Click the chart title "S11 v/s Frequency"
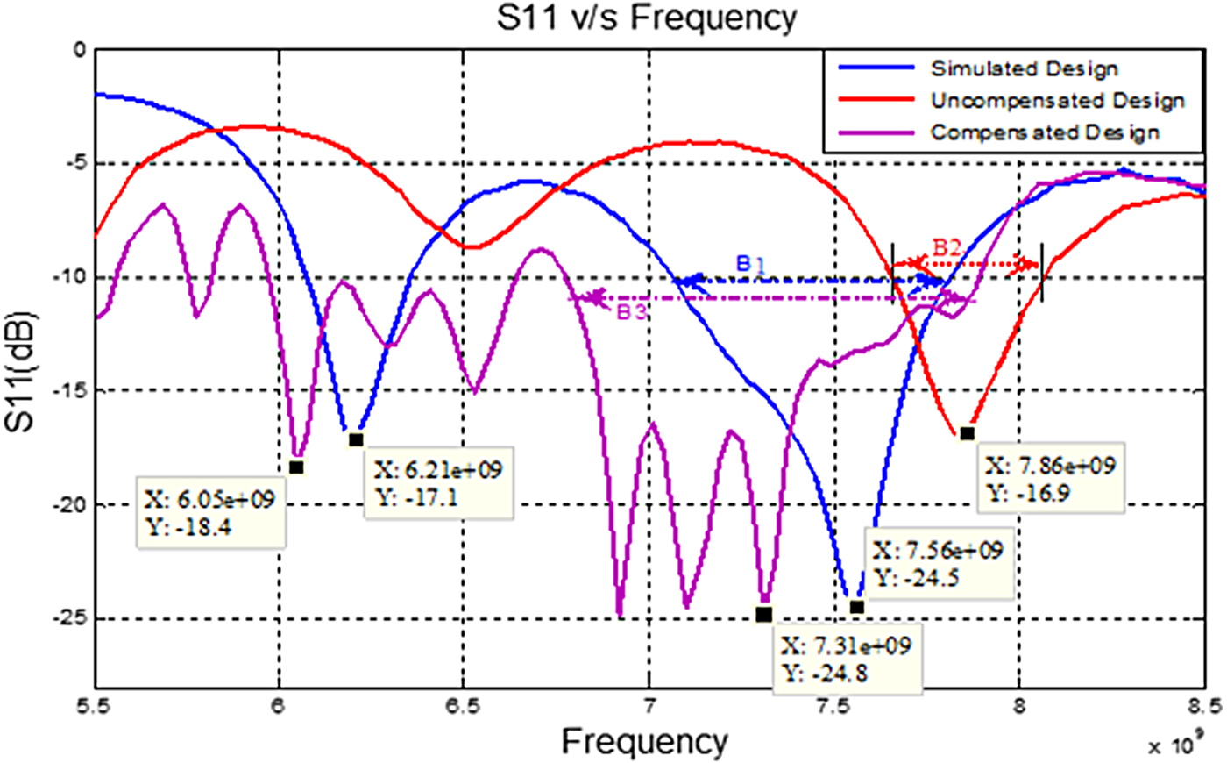click(647, 18)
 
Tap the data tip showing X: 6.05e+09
click(210, 512)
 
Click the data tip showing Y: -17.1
click(437, 483)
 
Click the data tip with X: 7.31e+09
click(846, 660)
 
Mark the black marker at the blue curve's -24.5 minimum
click(856, 607)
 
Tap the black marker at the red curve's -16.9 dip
click(967, 433)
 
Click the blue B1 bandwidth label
click(750, 263)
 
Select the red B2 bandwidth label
click(947, 247)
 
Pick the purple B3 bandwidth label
click(631, 313)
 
